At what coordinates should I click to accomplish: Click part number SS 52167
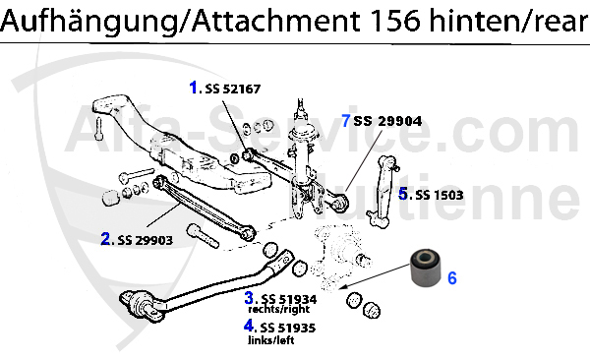tap(232, 89)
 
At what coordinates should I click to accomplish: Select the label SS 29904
tap(387, 121)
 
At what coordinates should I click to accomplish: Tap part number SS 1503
tap(440, 195)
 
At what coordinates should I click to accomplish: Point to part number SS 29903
tap(146, 240)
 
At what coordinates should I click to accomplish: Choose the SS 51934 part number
tap(289, 299)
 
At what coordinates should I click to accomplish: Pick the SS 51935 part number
tap(287, 328)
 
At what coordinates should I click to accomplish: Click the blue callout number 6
tap(452, 278)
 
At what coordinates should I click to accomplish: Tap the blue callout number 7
tap(346, 121)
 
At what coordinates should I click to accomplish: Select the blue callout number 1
tap(194, 88)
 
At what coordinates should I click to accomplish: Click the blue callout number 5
tap(403, 194)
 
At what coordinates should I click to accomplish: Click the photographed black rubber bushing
tap(425, 267)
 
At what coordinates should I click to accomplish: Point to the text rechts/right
tap(279, 309)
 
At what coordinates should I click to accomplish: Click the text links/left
tap(271, 340)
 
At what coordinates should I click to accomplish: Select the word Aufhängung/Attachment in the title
tap(180, 22)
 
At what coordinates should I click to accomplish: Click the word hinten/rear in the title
tap(508, 21)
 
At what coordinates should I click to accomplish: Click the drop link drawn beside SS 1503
tap(382, 191)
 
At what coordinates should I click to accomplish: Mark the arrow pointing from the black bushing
tap(374, 277)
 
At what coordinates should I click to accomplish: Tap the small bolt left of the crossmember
tap(99, 128)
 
